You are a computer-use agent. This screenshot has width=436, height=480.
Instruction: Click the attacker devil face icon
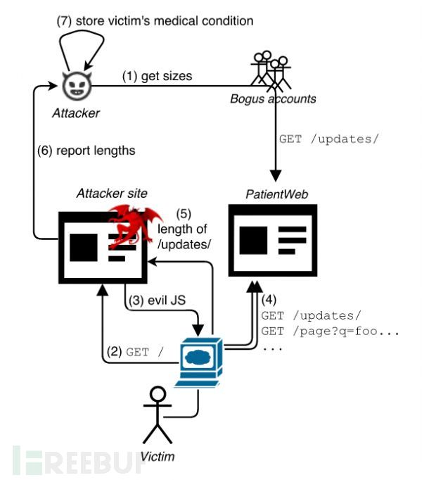pyautogui.click(x=75, y=87)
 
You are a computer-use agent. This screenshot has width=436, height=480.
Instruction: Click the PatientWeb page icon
pyautogui.click(x=273, y=239)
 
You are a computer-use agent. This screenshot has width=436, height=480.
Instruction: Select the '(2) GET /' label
pyautogui.click(x=136, y=351)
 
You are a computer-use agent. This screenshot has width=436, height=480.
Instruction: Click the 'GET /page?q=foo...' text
pyautogui.click(x=330, y=330)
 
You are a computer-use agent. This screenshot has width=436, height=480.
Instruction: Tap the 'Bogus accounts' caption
pyautogui.click(x=273, y=99)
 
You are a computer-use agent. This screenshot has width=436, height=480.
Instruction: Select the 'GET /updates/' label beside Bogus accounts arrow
pyautogui.click(x=328, y=139)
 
